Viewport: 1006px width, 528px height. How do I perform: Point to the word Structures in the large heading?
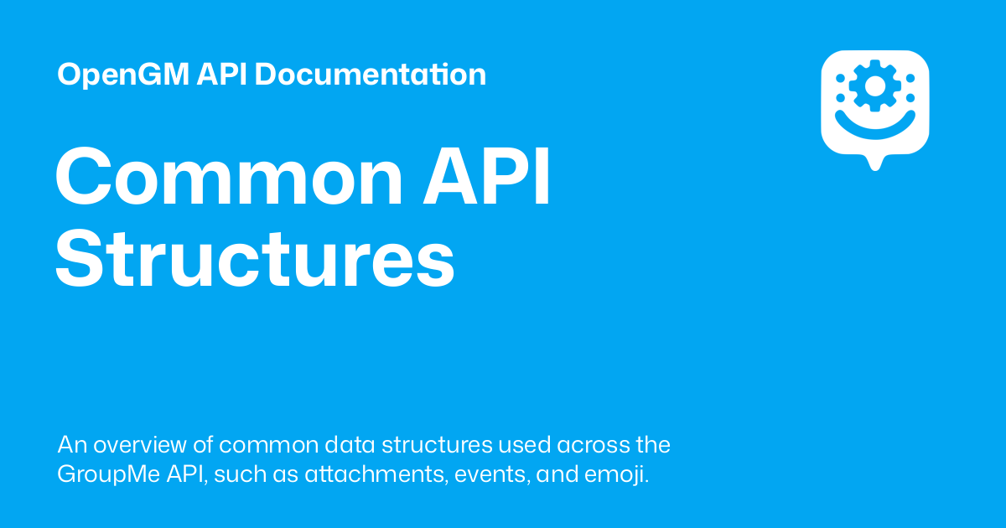[255, 261]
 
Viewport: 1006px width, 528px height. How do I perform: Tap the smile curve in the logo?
[874, 122]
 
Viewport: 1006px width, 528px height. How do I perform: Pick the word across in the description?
[597, 444]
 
